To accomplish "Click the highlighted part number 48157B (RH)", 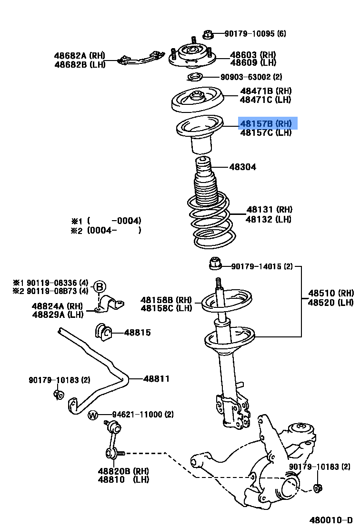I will [x=268, y=123].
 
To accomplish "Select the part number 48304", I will [x=242, y=167].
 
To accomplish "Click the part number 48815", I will [x=138, y=333].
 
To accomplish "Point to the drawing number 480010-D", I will [x=332, y=519].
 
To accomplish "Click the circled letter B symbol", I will [x=99, y=287].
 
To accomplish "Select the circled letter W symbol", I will [x=93, y=415].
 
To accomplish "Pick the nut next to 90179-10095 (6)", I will [x=207, y=34].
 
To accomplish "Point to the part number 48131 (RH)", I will [x=270, y=210].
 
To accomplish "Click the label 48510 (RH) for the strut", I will [x=331, y=293].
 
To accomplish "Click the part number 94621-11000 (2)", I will [x=143, y=415].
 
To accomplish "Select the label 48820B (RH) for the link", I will [x=123, y=471].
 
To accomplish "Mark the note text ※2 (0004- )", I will [x=106, y=230].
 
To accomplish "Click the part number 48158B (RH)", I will [x=166, y=300].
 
